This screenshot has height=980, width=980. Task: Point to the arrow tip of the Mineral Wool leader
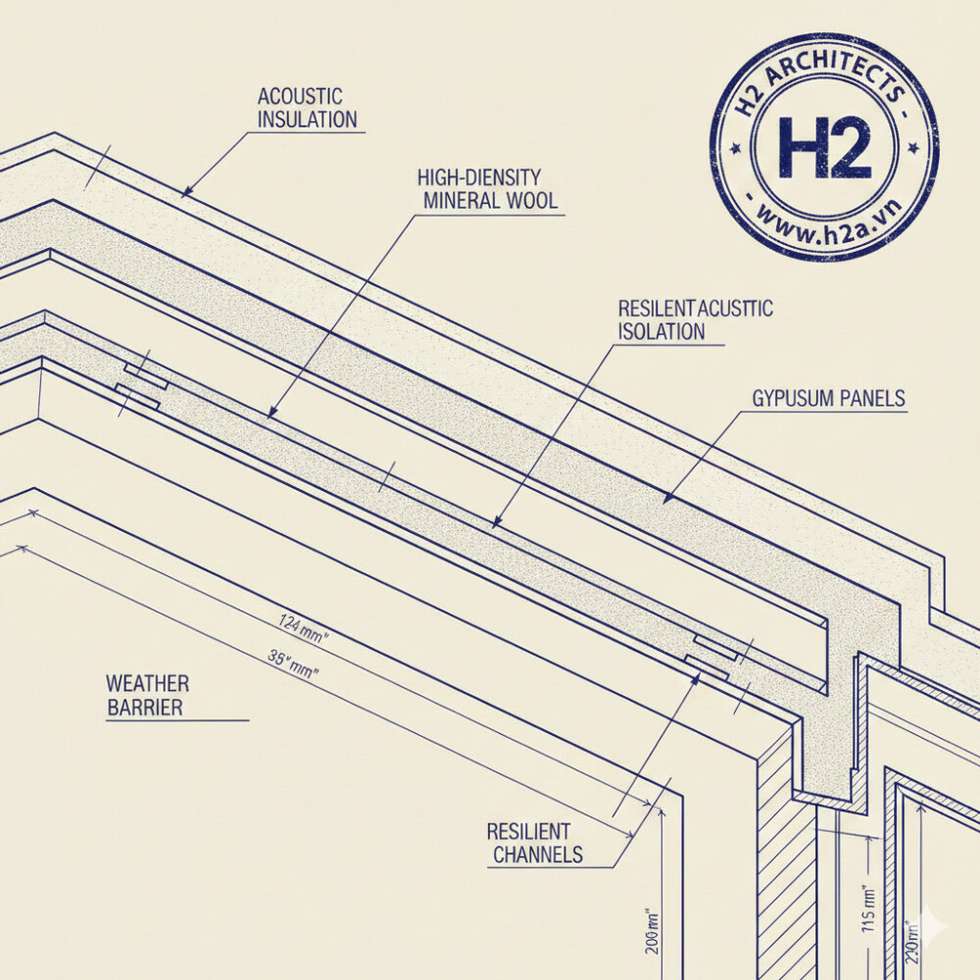click(269, 418)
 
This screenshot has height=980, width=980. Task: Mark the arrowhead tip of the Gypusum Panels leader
click(663, 503)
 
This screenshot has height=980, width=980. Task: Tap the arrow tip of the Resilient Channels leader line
click(699, 674)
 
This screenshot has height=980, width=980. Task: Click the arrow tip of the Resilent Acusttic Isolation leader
click(493, 527)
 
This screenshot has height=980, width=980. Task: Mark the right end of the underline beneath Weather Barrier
click(249, 720)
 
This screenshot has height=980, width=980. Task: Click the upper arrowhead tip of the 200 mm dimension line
click(661, 808)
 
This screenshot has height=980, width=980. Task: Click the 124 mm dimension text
click(304, 629)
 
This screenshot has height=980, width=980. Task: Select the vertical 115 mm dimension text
click(869, 910)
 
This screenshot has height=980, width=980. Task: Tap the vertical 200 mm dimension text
click(652, 931)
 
